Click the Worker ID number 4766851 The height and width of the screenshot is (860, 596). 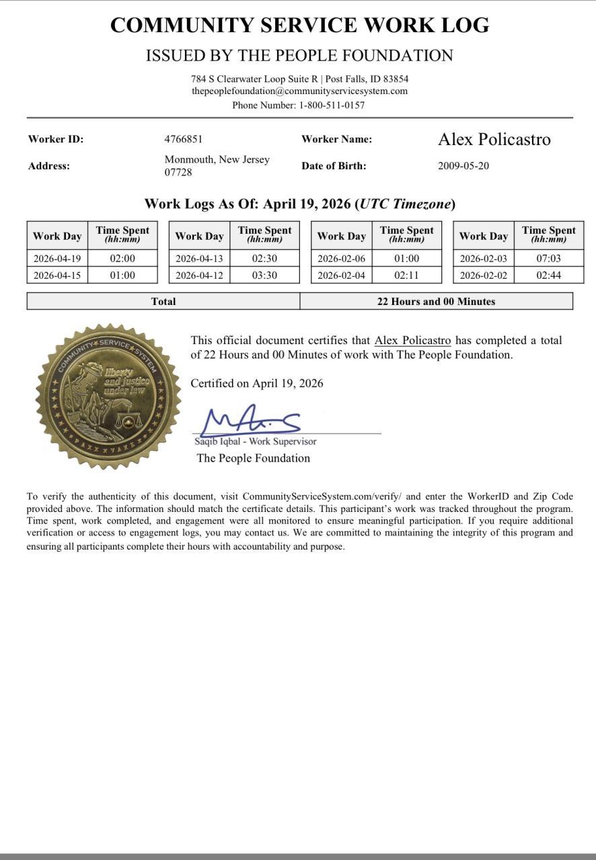tap(183, 139)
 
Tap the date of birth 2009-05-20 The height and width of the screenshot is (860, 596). tap(463, 166)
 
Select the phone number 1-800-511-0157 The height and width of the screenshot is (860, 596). tap(332, 105)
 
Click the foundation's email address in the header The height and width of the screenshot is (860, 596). tap(299, 91)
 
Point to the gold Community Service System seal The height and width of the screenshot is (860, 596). tap(108, 396)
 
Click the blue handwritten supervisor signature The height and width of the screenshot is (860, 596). tap(252, 420)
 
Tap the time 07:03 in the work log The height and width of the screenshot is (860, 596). tap(548, 258)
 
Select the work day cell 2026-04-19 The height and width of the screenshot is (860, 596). tap(57, 258)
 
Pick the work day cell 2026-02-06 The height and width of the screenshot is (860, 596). tap(341, 258)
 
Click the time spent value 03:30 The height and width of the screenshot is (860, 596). tap(264, 275)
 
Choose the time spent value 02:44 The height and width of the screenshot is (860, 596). tap(548, 275)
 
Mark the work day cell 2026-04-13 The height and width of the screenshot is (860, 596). tap(199, 258)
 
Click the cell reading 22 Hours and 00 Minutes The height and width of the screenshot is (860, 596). tap(436, 302)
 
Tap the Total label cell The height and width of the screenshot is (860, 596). tap(163, 302)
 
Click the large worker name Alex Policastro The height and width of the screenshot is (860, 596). tap(494, 139)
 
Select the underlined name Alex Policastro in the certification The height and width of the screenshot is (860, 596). tap(412, 341)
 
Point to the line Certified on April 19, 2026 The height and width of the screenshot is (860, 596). tap(256, 384)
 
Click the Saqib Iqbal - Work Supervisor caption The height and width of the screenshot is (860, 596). tap(256, 441)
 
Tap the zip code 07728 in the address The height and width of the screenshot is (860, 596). tap(178, 173)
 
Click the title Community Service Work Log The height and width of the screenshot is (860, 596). tap(299, 26)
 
